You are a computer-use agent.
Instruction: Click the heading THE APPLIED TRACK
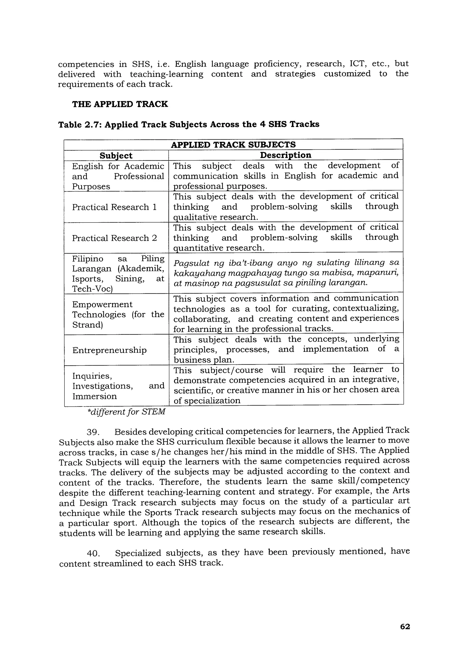pyautogui.click(x=120, y=104)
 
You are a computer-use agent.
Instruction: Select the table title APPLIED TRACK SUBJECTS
pyautogui.click(x=233, y=144)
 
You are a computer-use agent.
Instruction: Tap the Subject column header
pyautogui.click(x=116, y=156)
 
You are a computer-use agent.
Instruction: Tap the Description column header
pyautogui.click(x=285, y=155)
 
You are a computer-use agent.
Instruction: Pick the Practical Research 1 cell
pyautogui.click(x=114, y=207)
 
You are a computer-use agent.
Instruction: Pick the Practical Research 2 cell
pyautogui.click(x=114, y=238)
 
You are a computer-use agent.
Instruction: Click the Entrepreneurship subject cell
pyautogui.click(x=109, y=350)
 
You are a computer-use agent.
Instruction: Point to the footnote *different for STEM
pyautogui.click(x=126, y=412)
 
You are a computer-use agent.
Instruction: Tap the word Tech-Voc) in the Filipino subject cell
pyautogui.click(x=92, y=289)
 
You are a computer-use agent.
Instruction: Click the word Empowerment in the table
pyautogui.click(x=102, y=304)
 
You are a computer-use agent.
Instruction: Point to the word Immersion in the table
pyautogui.click(x=94, y=396)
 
